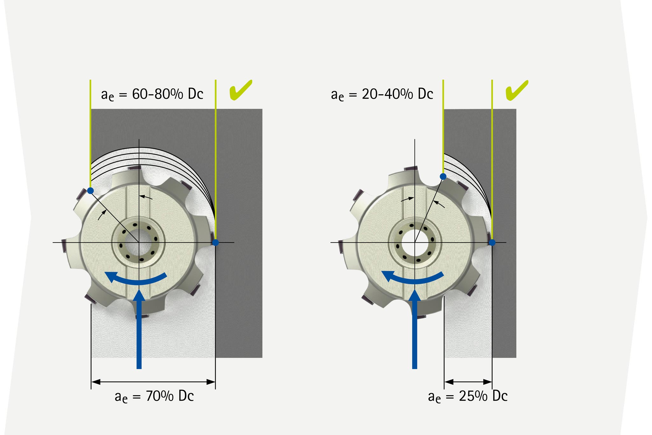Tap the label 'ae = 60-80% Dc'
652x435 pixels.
(152, 94)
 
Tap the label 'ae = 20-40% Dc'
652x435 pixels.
(382, 94)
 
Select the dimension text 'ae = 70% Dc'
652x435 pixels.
(154, 396)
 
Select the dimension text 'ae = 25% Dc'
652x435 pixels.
(468, 396)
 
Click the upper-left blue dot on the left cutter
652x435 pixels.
(90, 191)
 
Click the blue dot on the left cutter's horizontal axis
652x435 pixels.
(216, 243)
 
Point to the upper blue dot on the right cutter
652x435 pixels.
(443, 176)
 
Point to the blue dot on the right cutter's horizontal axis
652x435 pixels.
(492, 243)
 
